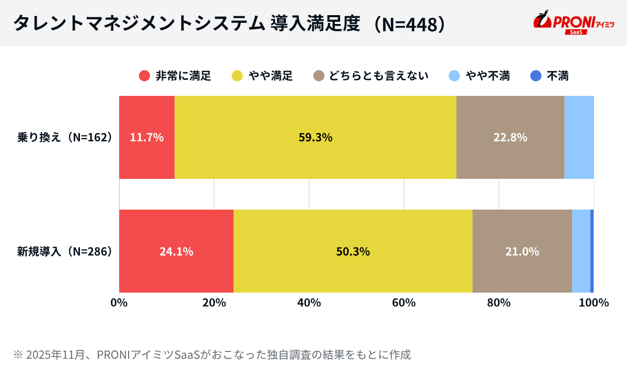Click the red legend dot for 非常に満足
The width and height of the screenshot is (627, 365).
tap(145, 76)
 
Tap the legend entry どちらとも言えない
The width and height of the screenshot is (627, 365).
tap(371, 76)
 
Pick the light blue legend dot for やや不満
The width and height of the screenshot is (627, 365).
tap(455, 76)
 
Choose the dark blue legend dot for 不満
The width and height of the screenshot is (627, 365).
tap(536, 76)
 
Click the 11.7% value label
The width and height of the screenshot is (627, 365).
tap(147, 138)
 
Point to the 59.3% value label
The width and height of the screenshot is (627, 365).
tap(316, 138)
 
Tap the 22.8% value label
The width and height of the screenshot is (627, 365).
tap(510, 138)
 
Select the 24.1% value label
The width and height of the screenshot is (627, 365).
tap(176, 251)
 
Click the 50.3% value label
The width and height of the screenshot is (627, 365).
tap(353, 251)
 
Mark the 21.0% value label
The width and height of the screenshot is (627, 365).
tap(522, 251)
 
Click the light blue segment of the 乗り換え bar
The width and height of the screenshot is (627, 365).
tap(579, 138)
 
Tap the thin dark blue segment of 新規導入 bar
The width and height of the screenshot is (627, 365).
tap(592, 251)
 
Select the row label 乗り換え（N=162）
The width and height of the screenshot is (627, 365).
tap(65, 138)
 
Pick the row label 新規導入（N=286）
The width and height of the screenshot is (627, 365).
tap(65, 251)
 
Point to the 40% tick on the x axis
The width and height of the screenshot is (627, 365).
tap(309, 303)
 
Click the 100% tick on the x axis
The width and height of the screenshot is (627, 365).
tap(594, 303)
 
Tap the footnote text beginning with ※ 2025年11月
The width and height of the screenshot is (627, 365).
tap(212, 355)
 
